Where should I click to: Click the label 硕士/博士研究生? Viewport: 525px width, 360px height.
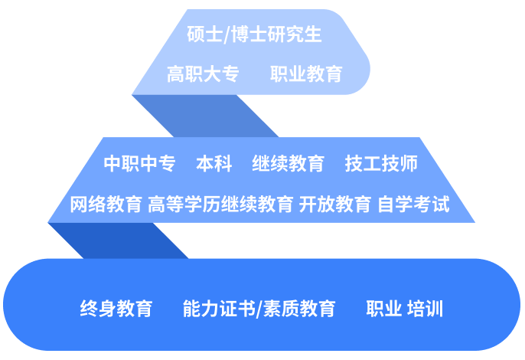254,35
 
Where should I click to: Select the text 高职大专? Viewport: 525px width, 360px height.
203,74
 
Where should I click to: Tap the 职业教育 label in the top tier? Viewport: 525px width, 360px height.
306,74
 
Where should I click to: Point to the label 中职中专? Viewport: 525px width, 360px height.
139,164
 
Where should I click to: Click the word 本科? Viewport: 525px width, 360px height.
214,164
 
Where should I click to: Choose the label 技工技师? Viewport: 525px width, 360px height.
380,164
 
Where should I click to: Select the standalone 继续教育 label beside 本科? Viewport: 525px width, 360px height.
288,164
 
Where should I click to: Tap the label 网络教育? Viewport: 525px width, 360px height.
106,205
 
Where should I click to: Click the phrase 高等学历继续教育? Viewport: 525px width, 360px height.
220,205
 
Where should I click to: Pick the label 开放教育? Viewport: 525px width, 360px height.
335,205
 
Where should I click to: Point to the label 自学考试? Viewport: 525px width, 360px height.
413,205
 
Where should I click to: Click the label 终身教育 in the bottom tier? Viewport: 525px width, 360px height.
116,309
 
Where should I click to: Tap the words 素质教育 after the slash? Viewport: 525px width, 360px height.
299,309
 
